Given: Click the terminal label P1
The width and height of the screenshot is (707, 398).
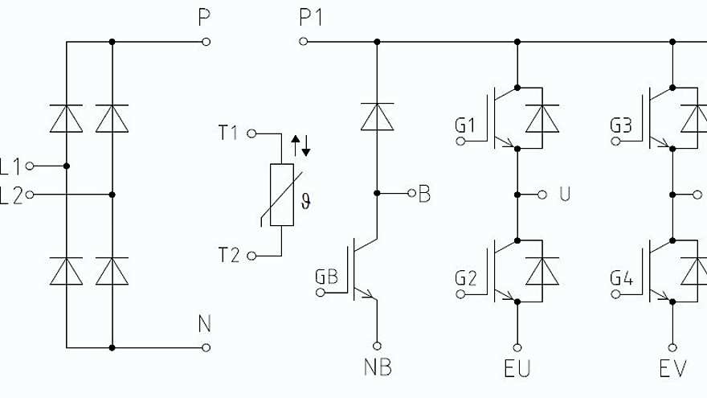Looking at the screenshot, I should (x=310, y=17).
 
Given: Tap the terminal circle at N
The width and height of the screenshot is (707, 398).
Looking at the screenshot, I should (x=206, y=347).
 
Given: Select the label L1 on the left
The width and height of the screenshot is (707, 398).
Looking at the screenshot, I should (x=10, y=166).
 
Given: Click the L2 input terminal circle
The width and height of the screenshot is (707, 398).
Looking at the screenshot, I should (x=30, y=194).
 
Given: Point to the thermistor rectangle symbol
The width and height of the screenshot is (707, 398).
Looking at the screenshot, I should (x=282, y=195).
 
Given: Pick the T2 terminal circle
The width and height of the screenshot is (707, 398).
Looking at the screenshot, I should (x=251, y=256).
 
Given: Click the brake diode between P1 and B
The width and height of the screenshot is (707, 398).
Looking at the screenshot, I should (x=376, y=117).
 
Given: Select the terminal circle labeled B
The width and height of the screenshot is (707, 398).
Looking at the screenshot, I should (x=411, y=193).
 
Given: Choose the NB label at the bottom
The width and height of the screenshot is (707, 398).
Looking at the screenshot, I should (x=376, y=369).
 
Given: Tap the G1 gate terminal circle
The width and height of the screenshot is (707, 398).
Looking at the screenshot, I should (x=461, y=142).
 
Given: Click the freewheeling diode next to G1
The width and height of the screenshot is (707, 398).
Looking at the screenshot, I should (x=542, y=118).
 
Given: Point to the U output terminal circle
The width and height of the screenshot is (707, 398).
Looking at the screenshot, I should (x=542, y=194).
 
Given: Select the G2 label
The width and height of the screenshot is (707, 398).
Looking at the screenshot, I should (x=466, y=278).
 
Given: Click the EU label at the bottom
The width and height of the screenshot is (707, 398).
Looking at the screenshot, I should (x=517, y=369).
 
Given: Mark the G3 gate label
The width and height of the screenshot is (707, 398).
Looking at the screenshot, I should (x=621, y=125).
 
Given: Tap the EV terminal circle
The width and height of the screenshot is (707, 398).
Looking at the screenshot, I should (x=672, y=347).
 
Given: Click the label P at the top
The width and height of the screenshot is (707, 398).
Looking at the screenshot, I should (x=205, y=17).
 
